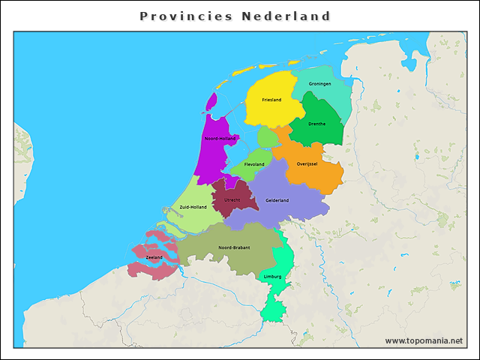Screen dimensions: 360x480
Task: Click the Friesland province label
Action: [x=271, y=100]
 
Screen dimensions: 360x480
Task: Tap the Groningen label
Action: [x=319, y=83]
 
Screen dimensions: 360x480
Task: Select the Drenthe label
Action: [x=316, y=124]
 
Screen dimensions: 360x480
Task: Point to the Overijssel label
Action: [x=307, y=163]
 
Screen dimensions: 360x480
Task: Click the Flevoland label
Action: [x=254, y=164]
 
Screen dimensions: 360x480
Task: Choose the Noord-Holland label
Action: [x=220, y=139]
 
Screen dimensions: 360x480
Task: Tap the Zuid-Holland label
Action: [x=193, y=207]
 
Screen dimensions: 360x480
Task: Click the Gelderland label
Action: [x=277, y=200]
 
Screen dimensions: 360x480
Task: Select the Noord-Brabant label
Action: [x=234, y=247]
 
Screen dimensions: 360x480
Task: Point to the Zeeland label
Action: [x=154, y=257]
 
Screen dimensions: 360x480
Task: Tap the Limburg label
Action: [x=273, y=276]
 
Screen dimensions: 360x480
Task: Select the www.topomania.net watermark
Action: [x=424, y=340]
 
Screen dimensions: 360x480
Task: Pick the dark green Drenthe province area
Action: [x=318, y=135]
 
